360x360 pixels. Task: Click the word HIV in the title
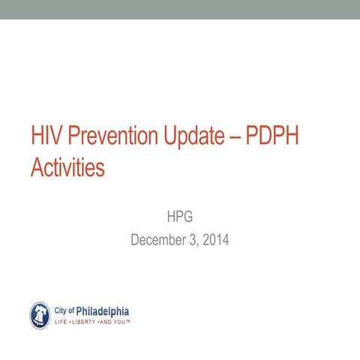tap(46, 137)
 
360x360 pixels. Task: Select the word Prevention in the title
tap(115, 137)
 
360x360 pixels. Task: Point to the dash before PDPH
tap(249, 138)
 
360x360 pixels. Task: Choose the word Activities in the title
tap(67, 167)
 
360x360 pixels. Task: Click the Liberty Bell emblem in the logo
tap(40, 315)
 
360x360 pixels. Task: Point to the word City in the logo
tap(62, 309)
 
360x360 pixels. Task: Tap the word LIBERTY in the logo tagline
tap(83, 321)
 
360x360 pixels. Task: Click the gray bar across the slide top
tap(180, 9)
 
